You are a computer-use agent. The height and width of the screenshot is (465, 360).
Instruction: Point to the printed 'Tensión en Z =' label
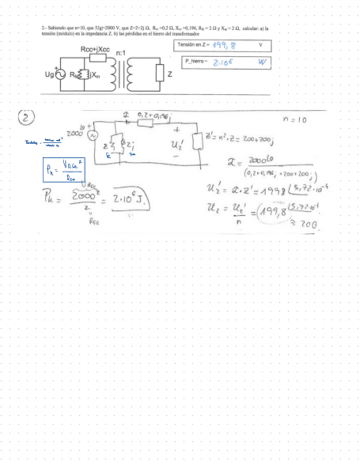pyautogui.click(x=194, y=44)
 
